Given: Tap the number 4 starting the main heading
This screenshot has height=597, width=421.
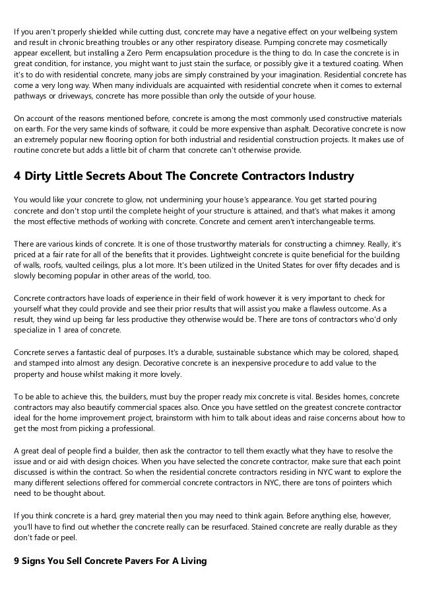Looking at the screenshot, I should pyautogui.click(x=18, y=177).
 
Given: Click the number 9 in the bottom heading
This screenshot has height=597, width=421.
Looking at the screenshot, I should pyautogui.click(x=16, y=561).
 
